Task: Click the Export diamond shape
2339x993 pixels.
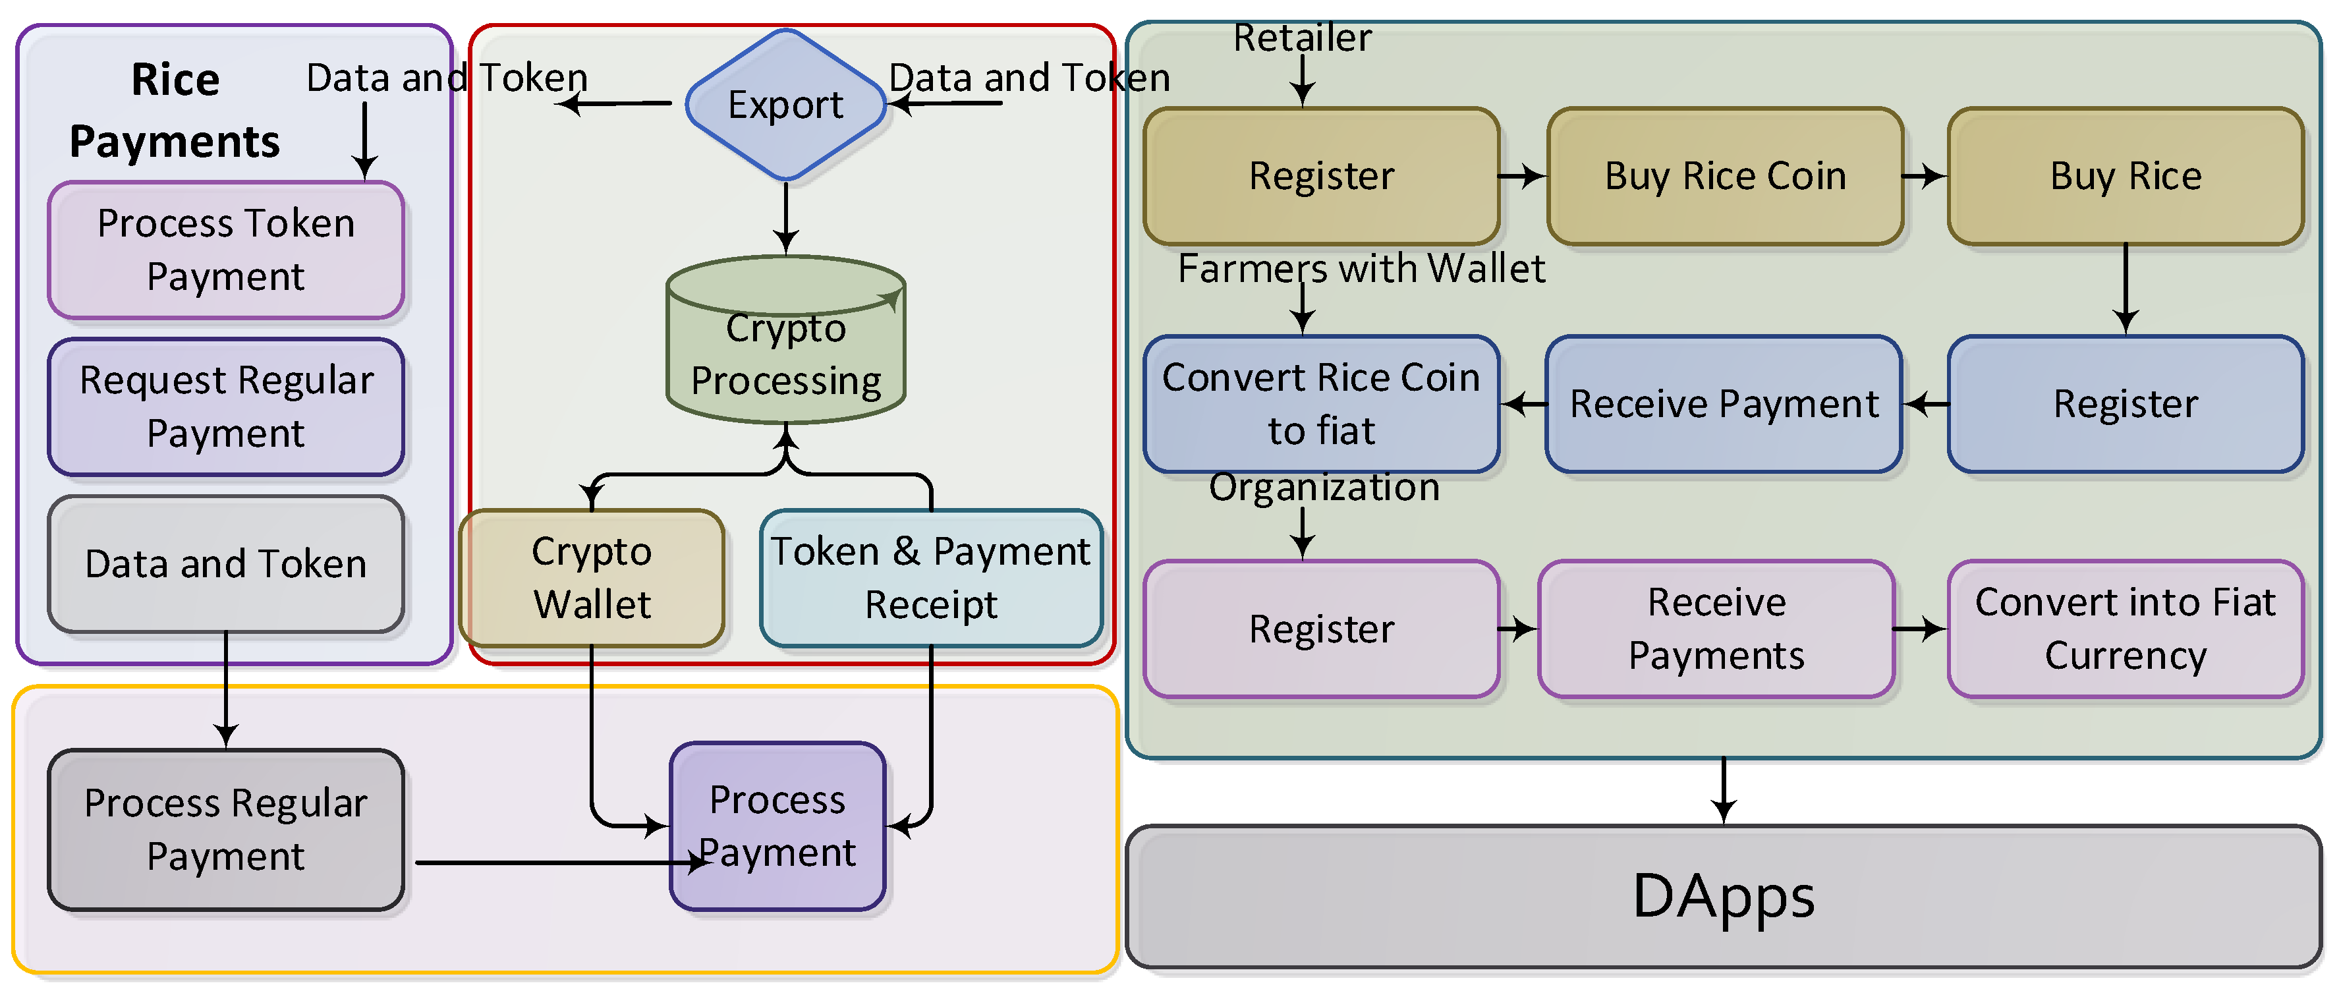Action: [x=785, y=104]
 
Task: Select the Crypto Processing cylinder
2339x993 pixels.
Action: [x=785, y=354]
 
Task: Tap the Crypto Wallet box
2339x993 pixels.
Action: [x=592, y=577]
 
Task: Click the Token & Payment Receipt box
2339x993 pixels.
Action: [x=931, y=577]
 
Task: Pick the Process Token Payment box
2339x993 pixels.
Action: [x=225, y=250]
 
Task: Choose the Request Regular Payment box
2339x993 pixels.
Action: [x=225, y=406]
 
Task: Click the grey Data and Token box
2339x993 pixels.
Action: [x=225, y=563]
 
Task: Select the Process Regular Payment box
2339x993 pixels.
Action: [x=225, y=829]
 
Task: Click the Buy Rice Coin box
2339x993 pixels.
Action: [x=1725, y=176]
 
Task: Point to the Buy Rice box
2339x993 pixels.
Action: [x=2125, y=176]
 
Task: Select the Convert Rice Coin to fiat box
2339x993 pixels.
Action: [x=1321, y=404]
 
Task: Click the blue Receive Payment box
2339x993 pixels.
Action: [x=1724, y=404]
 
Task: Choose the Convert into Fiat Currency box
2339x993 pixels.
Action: [x=2125, y=628]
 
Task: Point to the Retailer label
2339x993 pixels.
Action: [x=1301, y=38]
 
